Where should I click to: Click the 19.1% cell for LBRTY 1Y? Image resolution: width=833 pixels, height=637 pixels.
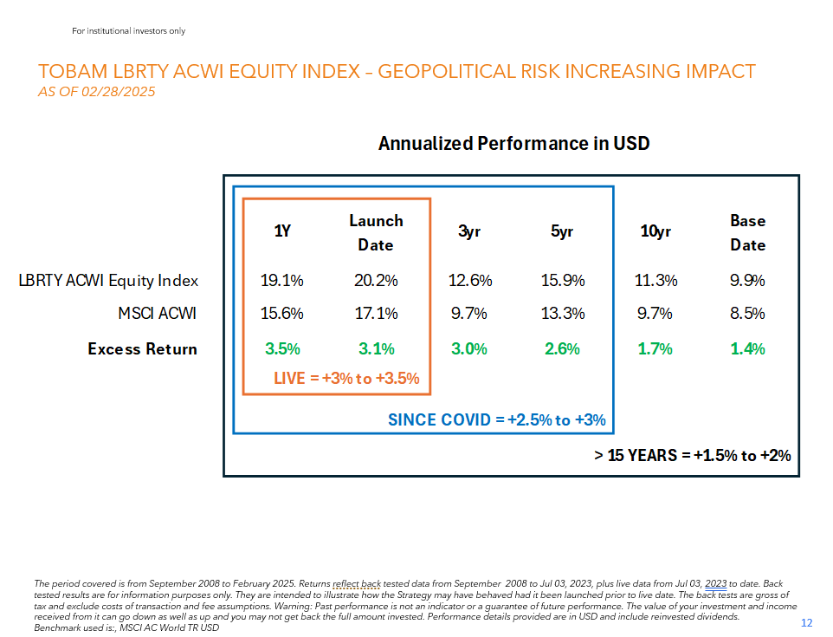282,281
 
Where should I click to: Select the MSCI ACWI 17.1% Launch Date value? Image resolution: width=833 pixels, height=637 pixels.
376,314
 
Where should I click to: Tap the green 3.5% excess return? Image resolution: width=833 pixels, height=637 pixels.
282,349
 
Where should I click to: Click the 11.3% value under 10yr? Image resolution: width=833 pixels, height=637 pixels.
656,281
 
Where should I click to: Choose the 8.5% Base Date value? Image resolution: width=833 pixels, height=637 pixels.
748,314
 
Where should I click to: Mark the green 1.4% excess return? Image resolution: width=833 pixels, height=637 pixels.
748,349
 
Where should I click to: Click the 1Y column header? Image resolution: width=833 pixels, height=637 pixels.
282,231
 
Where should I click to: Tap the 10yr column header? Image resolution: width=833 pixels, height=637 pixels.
656,231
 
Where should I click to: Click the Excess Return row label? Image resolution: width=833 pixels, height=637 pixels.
142,349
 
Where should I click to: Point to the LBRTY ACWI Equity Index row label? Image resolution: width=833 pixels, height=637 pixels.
109,281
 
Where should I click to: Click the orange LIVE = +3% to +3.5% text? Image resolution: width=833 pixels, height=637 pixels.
346,378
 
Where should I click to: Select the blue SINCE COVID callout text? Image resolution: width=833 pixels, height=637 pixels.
496,420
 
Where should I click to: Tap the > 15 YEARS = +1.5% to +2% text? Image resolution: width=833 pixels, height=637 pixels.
693,455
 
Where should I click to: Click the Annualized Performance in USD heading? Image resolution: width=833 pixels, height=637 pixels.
513,143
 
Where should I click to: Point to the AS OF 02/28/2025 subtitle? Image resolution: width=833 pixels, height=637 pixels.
97,91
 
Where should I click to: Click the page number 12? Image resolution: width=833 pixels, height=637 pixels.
807,623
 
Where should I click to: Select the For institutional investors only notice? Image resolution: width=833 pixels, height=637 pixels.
129,31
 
